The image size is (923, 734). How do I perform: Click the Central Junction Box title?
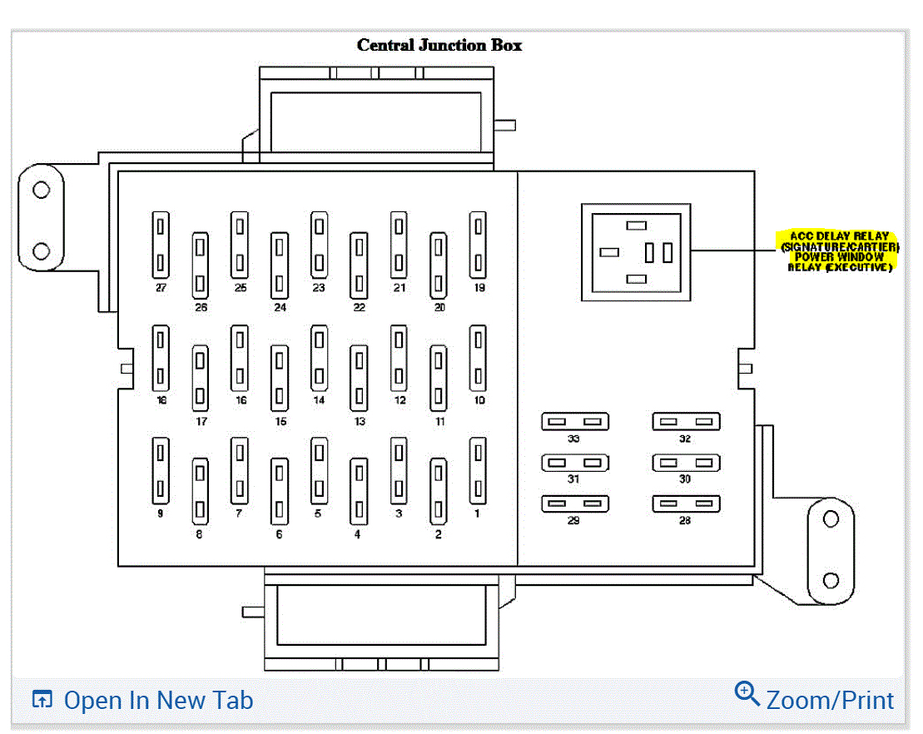(x=439, y=45)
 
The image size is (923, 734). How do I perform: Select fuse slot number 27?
(x=161, y=245)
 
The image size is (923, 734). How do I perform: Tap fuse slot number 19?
(x=478, y=245)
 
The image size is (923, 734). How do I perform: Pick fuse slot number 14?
(x=319, y=358)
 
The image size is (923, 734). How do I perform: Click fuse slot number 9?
(x=161, y=471)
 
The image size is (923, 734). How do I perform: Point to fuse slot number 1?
(x=478, y=471)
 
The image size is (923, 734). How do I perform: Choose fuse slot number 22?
(x=359, y=265)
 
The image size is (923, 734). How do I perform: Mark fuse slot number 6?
(x=280, y=491)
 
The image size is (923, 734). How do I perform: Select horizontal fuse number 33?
(x=575, y=422)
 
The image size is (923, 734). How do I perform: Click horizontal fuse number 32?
(x=686, y=422)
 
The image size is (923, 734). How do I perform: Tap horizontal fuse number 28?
(x=686, y=503)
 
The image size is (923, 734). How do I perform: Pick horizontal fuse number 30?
(x=686, y=463)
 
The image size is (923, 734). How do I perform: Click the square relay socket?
(x=636, y=251)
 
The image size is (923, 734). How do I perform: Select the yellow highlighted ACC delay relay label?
(x=839, y=251)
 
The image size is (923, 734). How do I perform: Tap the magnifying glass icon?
(x=747, y=693)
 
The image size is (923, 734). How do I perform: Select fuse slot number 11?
(x=438, y=378)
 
